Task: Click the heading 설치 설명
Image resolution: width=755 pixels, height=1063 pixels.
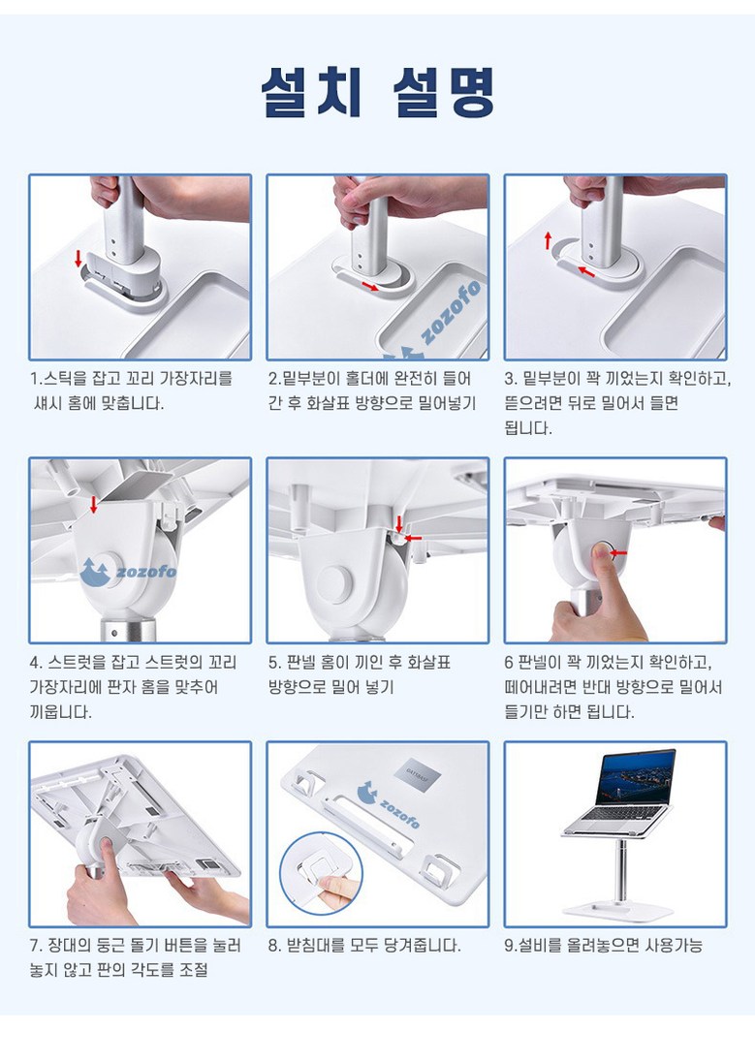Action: pos(377,91)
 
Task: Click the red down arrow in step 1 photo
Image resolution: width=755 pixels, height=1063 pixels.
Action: pos(78,258)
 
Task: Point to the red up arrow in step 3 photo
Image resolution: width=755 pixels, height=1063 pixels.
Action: pos(548,240)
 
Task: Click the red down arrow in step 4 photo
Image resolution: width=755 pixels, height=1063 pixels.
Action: pos(94,504)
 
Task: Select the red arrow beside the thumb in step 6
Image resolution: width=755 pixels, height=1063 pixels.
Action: pos(618,552)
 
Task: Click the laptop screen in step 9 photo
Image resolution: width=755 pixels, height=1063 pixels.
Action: pos(635,777)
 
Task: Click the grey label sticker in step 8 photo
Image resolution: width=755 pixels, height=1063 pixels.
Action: pos(417,772)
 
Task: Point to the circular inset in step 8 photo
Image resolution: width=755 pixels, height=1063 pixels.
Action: pos(320,874)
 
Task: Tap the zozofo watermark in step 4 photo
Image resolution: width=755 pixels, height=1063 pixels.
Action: pos(128,572)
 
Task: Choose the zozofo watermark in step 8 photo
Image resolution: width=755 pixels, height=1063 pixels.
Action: pos(388,804)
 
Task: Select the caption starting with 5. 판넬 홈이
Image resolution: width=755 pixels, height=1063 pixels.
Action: pos(360,674)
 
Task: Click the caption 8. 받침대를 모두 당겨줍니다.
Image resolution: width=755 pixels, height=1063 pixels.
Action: pos(364,945)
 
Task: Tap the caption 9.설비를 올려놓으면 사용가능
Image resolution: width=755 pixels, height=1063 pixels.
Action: pos(603,945)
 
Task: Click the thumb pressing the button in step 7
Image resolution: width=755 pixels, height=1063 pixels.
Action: pos(106,848)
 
